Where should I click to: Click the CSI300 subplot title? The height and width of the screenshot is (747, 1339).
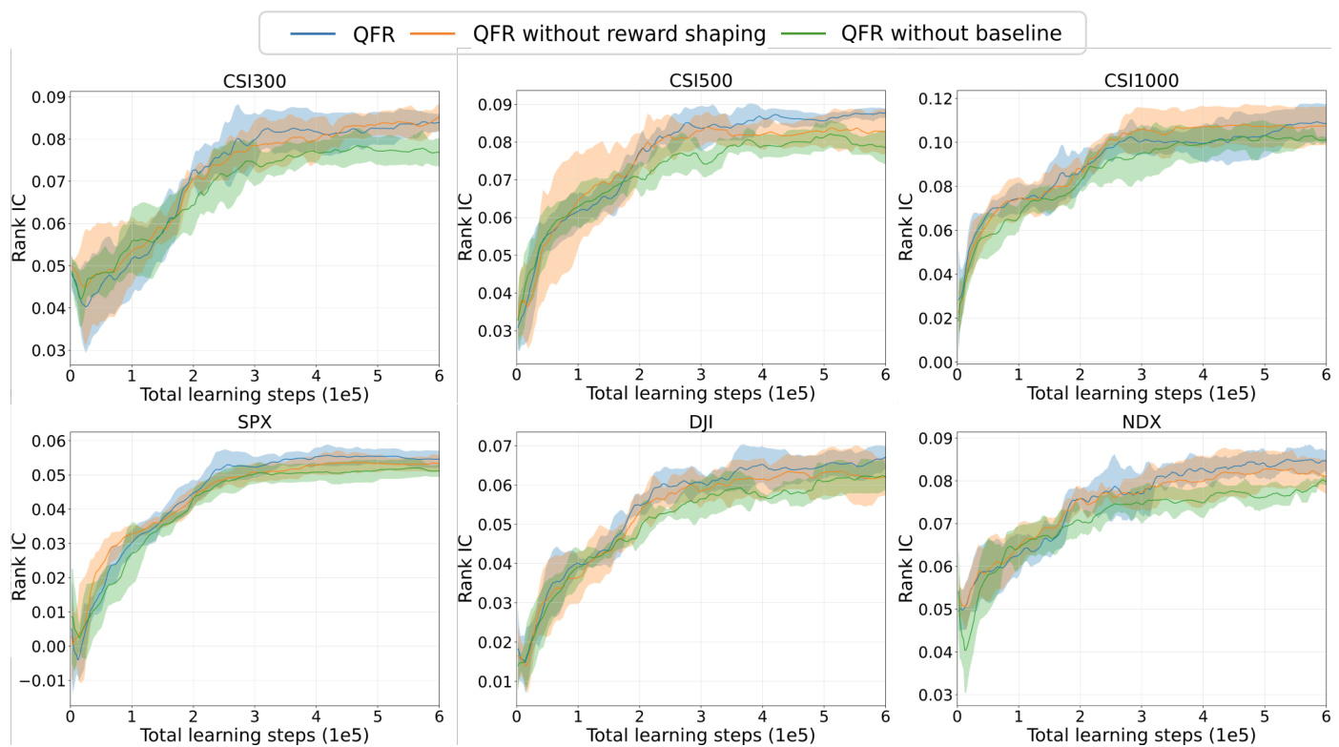(255, 81)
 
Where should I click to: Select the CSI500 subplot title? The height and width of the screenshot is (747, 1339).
(700, 80)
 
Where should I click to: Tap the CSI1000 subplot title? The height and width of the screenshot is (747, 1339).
(1142, 80)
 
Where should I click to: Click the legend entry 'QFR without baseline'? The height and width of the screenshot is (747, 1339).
(951, 33)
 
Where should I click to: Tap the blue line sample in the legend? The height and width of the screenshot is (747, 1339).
(313, 33)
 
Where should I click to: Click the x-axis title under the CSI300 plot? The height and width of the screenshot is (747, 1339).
(255, 394)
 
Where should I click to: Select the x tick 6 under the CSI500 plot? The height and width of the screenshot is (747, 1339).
(884, 375)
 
